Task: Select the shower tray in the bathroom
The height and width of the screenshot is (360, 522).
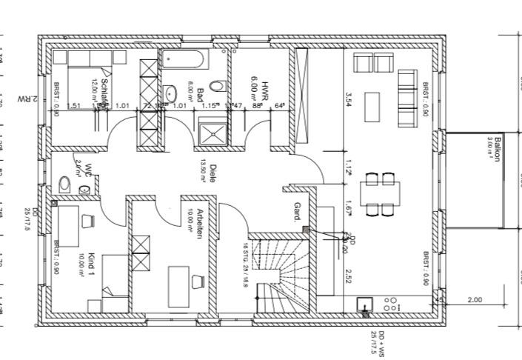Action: [215, 132]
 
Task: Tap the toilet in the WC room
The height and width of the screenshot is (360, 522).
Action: [65, 184]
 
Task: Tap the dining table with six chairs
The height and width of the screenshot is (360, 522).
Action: [379, 193]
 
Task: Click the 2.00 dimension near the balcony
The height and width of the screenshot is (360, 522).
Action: [474, 300]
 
